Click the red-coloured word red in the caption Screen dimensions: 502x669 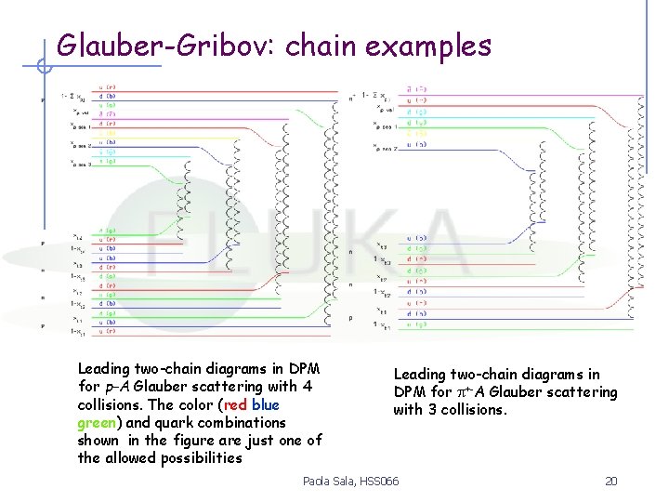(x=236, y=404)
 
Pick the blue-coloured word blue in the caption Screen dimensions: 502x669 (x=266, y=404)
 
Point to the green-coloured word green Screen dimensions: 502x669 (x=97, y=422)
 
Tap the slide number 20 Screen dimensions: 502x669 (x=610, y=481)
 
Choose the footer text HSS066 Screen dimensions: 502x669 (x=379, y=481)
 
